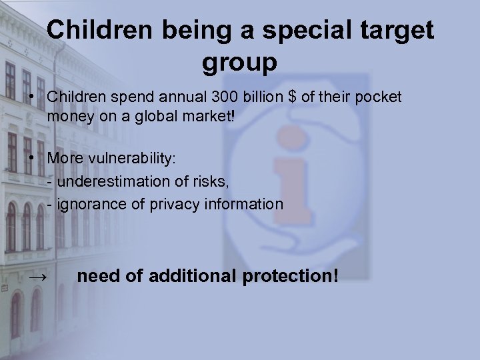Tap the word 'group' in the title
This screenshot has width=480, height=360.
[239, 63]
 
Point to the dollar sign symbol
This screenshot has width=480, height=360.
[291, 97]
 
